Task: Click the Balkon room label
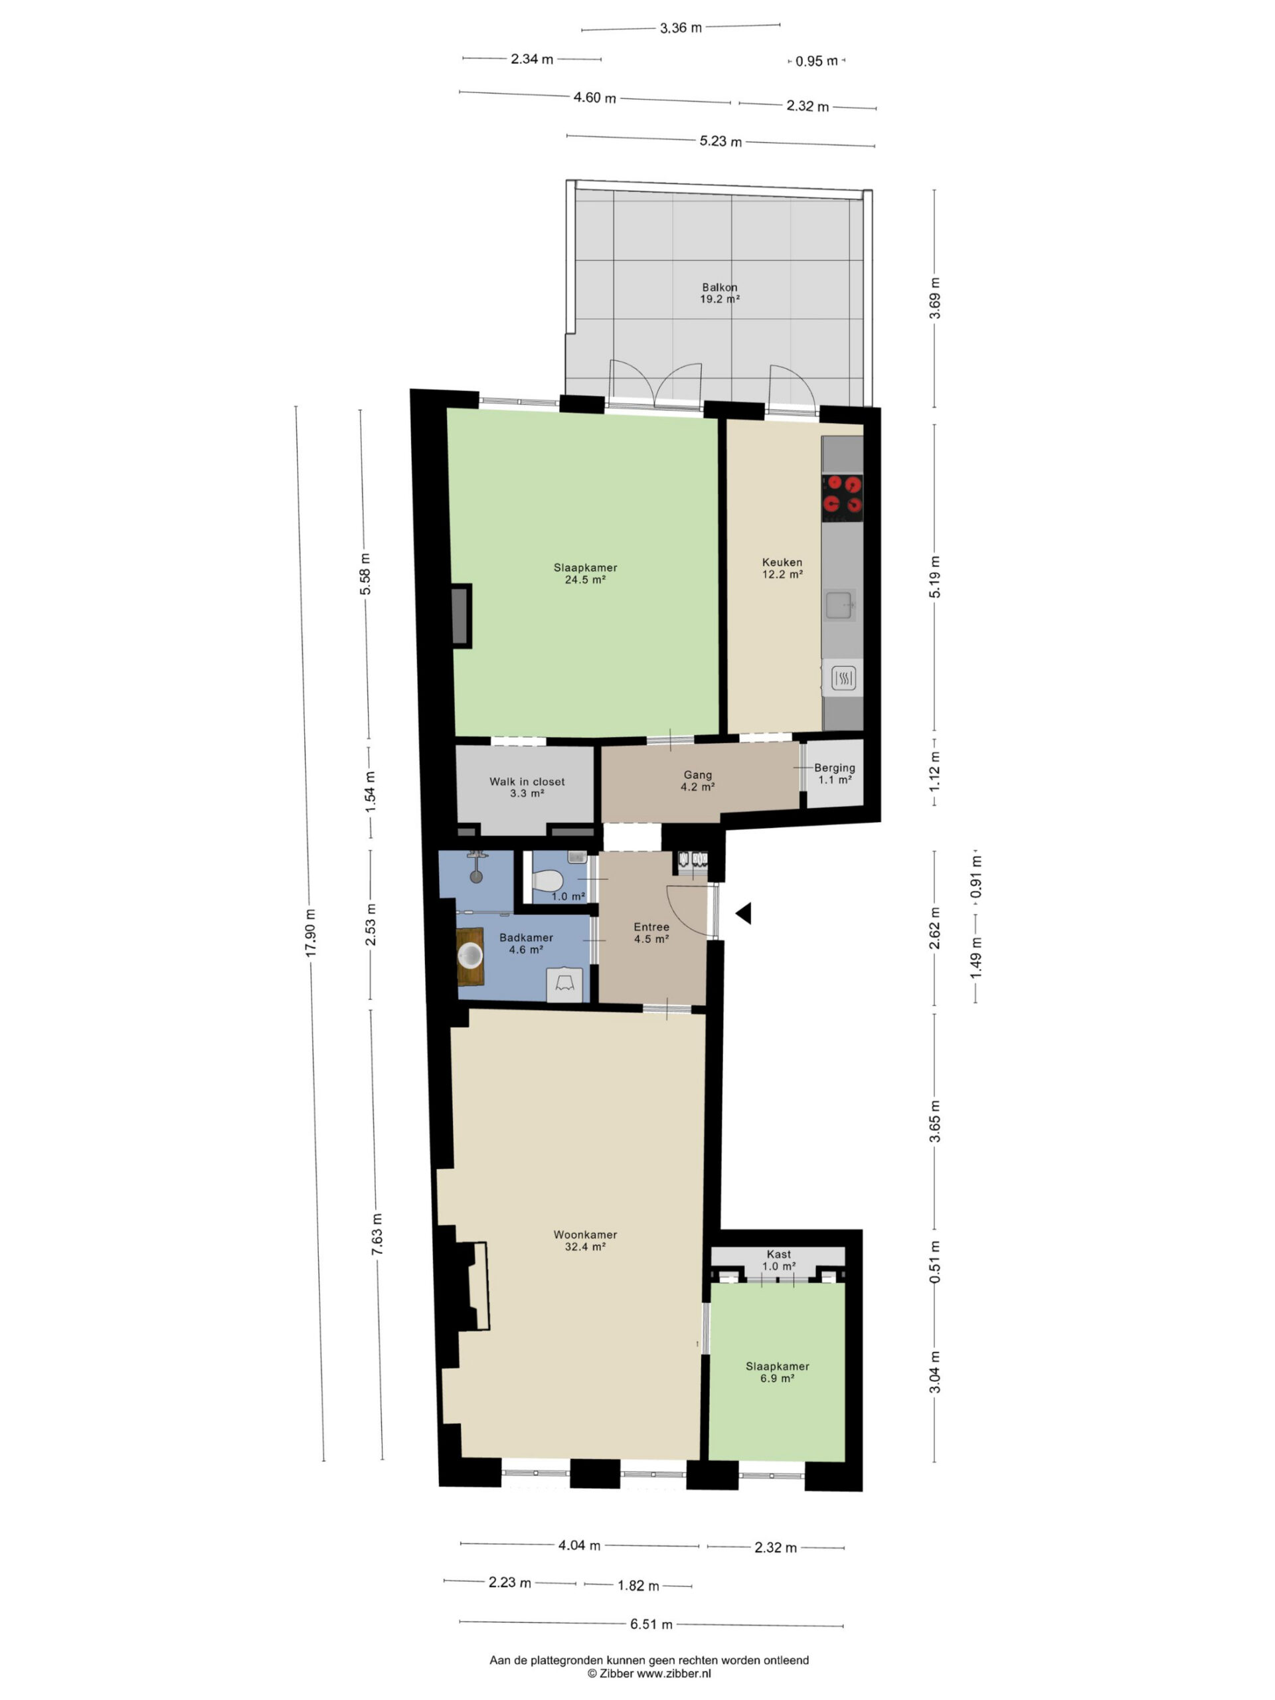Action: pos(719,293)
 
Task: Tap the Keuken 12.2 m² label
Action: pos(782,568)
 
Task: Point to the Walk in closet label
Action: pos(527,787)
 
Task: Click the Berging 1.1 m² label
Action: pos(835,773)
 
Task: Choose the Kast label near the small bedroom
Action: pos(778,1254)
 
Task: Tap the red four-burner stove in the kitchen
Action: pos(842,494)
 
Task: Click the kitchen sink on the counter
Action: pos(839,606)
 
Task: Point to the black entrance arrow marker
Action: pos(742,913)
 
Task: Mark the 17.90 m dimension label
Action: pos(311,932)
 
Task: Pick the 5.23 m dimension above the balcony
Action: pos(720,141)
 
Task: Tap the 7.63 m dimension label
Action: pos(377,1234)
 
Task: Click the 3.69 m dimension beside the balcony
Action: pos(934,298)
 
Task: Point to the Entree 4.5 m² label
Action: pos(651,932)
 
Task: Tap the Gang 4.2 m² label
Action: pos(698,781)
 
